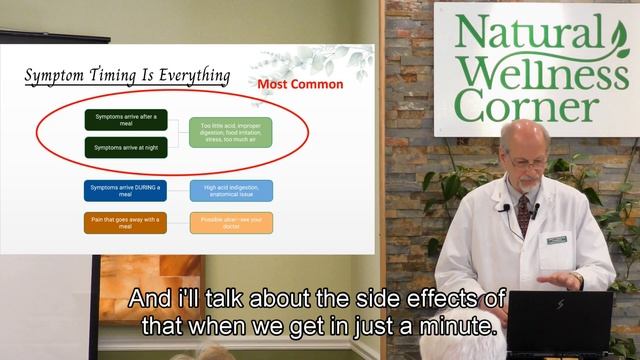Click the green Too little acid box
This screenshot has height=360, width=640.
[x=231, y=132]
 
